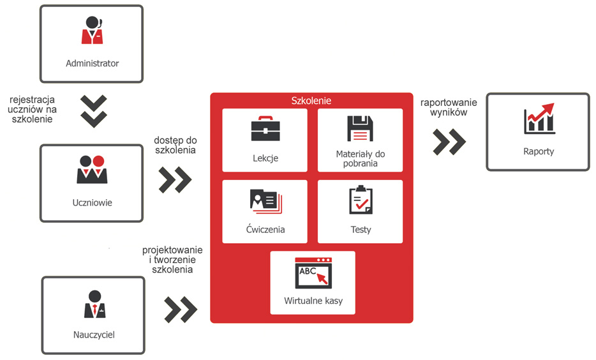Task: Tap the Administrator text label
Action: (93, 63)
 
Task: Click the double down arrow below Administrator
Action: (94, 110)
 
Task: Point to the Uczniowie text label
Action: (93, 203)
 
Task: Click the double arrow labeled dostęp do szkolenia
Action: (175, 180)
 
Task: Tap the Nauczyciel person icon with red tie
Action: (94, 304)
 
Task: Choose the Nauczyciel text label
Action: (93, 334)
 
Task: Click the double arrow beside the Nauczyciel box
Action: (181, 310)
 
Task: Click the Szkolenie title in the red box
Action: (311, 101)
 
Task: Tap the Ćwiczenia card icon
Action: (265, 201)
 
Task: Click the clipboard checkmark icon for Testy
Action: (361, 200)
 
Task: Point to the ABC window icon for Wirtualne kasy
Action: (313, 273)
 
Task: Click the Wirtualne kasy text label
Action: (313, 301)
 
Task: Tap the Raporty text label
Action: (539, 151)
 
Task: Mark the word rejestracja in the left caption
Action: (32, 100)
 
